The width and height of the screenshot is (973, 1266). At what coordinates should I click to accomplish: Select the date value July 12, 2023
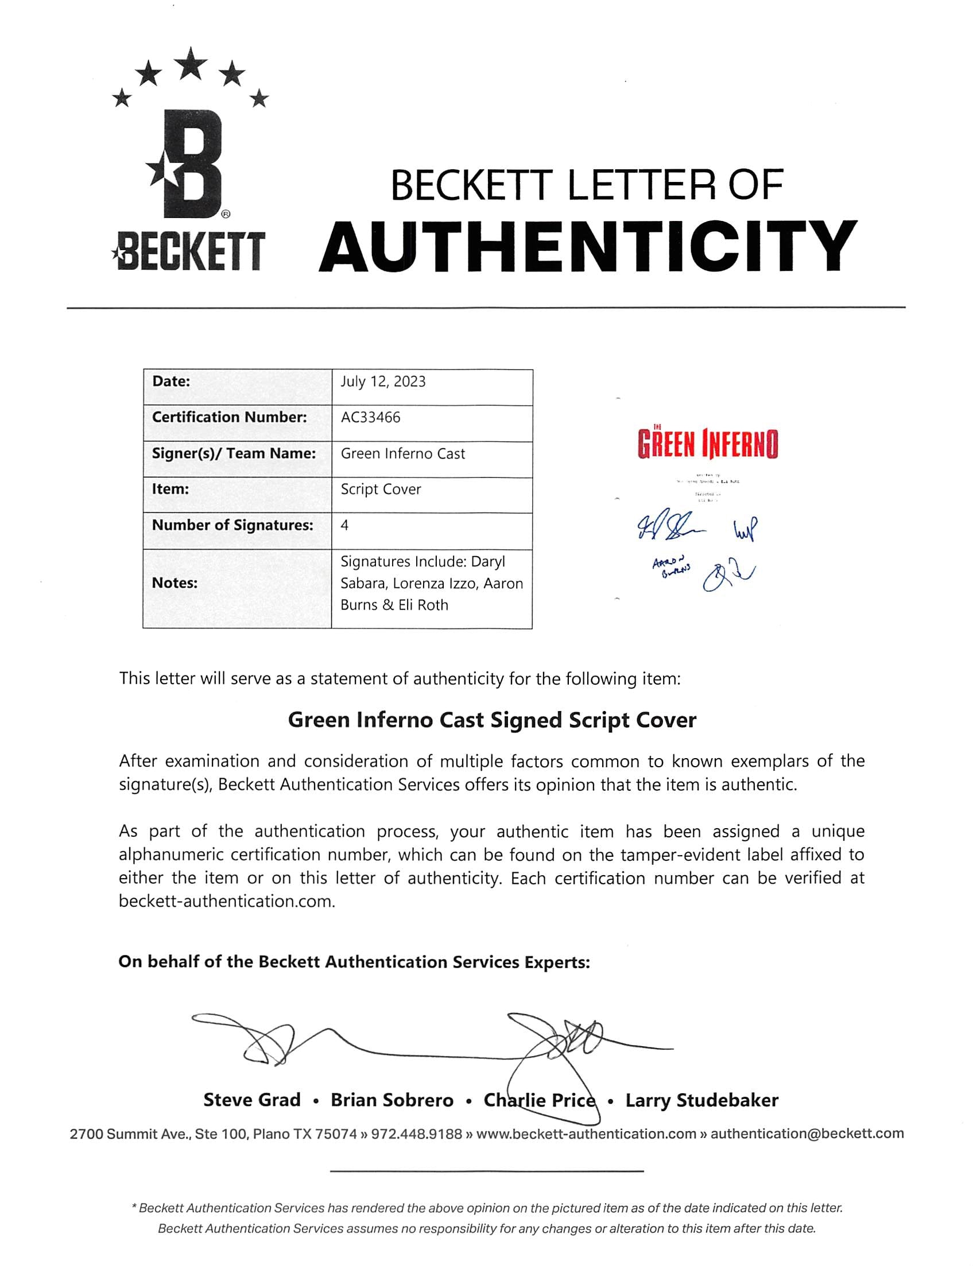point(383,382)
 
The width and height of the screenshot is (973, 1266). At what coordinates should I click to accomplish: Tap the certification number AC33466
point(370,417)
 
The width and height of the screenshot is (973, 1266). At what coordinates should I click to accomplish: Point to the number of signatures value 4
point(344,525)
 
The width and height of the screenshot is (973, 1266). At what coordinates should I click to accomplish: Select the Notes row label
point(175,583)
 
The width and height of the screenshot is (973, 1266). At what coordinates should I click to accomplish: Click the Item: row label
point(170,489)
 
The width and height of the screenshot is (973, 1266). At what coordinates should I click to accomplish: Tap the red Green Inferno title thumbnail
point(708,444)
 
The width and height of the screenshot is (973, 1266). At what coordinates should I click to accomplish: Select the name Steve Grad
point(252,1100)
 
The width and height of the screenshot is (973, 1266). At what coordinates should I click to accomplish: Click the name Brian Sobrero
point(392,1100)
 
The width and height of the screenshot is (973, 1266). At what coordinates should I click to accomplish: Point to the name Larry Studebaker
point(701,1100)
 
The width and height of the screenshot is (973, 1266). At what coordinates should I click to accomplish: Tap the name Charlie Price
point(539,1100)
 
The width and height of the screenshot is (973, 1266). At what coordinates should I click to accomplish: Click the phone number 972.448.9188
point(416,1133)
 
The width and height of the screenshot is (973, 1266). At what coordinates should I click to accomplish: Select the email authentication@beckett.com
point(807,1133)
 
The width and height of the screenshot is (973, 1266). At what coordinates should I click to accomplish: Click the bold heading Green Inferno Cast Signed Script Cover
point(492,720)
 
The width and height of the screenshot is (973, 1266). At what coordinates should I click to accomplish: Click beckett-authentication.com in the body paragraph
point(226,902)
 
